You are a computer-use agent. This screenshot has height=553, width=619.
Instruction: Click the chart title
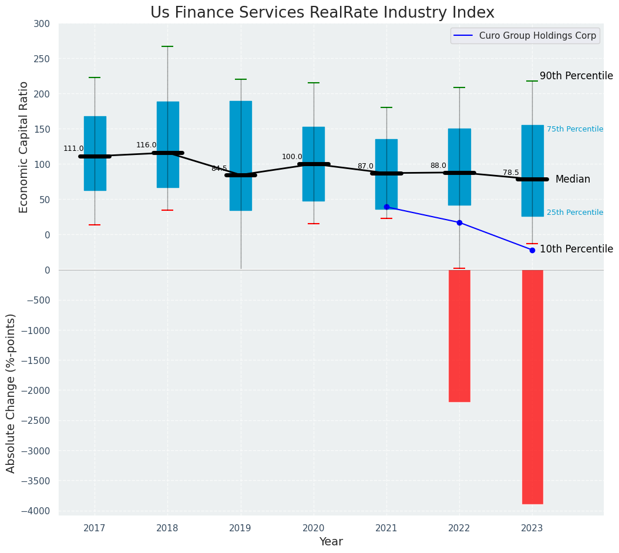point(322,12)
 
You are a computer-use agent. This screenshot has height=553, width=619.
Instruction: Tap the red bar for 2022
point(459,336)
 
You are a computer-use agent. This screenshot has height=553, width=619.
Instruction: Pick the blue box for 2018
point(167,144)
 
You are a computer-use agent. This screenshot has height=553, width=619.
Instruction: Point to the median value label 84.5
point(219,168)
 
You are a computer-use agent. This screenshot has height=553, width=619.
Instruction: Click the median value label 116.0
point(146,145)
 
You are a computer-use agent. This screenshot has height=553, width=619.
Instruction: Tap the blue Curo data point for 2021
point(386,207)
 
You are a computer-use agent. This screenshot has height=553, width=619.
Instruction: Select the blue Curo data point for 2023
point(532,250)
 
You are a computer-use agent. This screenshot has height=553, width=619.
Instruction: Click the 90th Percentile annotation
point(576,76)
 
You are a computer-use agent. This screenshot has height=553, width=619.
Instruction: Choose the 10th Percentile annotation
point(576,249)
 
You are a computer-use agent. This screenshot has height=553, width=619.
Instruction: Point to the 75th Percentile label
point(574,129)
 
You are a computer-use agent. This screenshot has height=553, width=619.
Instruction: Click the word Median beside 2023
point(573,180)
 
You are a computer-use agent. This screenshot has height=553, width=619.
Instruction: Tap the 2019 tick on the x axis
point(240,528)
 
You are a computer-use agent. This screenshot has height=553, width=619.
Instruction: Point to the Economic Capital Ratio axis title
point(24,147)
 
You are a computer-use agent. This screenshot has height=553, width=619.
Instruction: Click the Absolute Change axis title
point(11,393)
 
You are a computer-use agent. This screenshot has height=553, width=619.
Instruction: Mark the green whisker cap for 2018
point(167,46)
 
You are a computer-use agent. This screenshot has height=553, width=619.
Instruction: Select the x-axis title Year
point(331,542)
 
